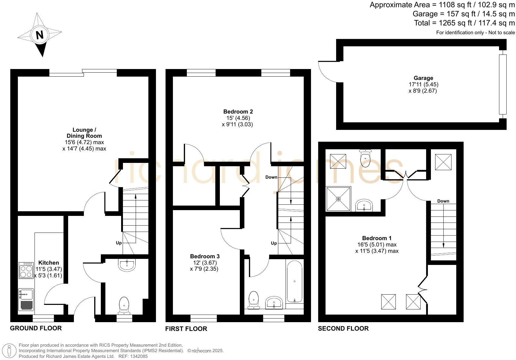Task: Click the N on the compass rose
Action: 40,35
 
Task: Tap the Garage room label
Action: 423,78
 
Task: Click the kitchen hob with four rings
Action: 26,270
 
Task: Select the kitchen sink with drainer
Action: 26,299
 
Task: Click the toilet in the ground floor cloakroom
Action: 124,305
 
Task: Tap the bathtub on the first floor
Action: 294,282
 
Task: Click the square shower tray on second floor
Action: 338,199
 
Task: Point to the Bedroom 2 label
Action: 238,111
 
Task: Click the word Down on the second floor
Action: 443,201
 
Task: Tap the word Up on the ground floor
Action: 119,243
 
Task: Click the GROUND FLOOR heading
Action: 36,328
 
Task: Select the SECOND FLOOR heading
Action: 343,329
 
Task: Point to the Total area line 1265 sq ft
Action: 464,23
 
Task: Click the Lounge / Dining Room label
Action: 84,133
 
